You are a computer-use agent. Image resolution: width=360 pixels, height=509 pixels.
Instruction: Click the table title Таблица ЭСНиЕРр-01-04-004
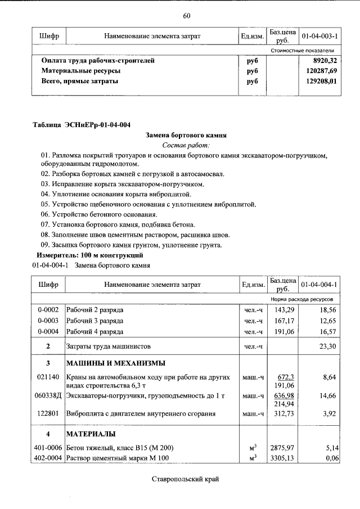tap(82, 124)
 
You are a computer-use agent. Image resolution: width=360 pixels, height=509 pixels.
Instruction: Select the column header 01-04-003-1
tap(319, 36)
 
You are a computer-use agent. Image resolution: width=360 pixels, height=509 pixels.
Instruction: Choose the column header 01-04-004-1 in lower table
tap(319, 285)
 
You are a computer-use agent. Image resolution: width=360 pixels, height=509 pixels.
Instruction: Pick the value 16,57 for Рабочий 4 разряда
tap(326, 331)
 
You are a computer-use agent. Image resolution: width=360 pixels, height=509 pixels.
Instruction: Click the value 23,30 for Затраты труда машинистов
tap(326, 346)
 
